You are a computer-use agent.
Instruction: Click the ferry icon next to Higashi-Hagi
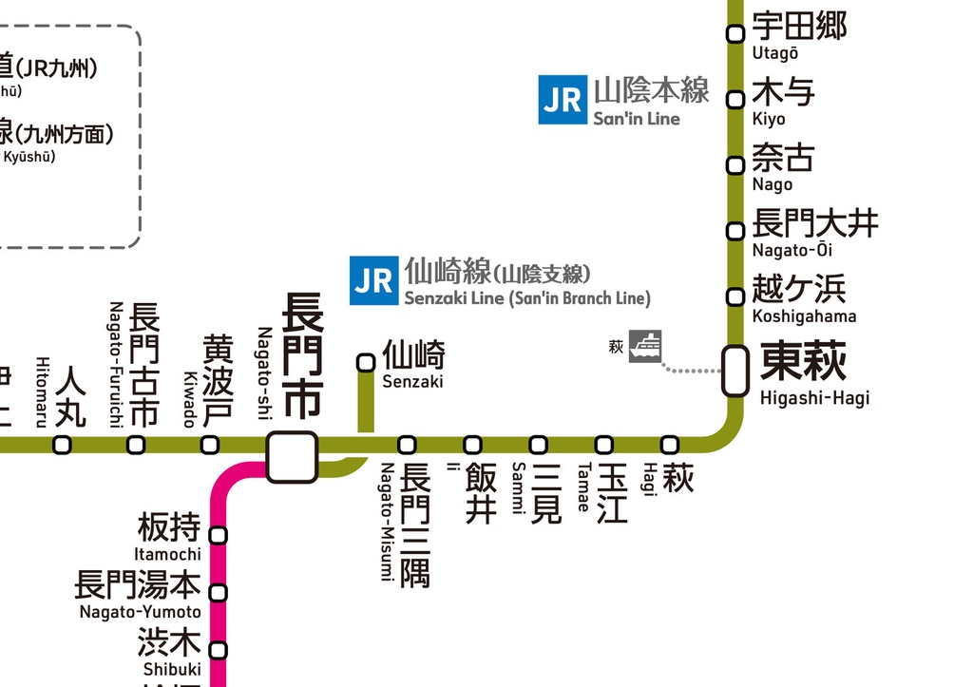coord(644,346)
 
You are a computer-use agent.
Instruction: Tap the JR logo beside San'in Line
coord(563,100)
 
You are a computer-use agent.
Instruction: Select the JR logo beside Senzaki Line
coord(373,280)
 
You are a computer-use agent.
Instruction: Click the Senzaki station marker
coord(365,362)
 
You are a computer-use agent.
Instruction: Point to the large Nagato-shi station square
coord(292,457)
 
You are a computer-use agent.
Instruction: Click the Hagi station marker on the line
coord(670,445)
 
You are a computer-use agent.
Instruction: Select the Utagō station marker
coord(735,34)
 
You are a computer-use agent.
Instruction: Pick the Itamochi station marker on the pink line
coord(219,536)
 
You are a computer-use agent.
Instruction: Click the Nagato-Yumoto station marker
coord(219,594)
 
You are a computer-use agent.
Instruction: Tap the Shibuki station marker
coord(219,651)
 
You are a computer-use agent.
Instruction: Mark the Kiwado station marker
coord(210,445)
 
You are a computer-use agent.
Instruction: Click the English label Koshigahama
coord(804,316)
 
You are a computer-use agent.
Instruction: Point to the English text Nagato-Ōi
coord(792,251)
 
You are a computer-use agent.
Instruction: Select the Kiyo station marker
coord(735,100)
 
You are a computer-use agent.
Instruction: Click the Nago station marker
coord(735,165)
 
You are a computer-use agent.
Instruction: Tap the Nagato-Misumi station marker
coord(407,445)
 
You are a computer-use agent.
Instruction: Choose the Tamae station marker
coord(604,445)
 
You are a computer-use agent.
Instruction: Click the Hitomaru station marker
coord(62,445)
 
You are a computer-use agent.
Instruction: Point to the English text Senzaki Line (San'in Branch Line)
coord(527,299)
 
